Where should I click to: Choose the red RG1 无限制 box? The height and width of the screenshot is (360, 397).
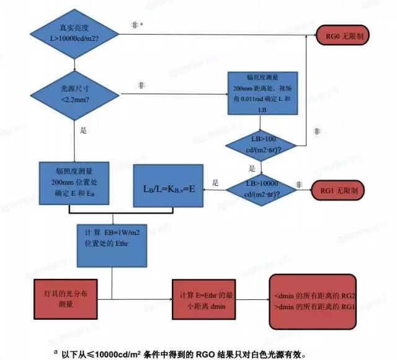[341, 188]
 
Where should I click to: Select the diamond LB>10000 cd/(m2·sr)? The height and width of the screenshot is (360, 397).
[261, 188]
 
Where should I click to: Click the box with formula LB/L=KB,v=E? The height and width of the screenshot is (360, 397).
[169, 187]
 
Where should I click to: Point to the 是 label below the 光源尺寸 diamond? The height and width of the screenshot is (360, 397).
[83, 131]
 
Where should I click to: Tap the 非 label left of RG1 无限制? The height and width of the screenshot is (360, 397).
[298, 184]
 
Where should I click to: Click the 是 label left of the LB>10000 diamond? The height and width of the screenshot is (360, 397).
[216, 183]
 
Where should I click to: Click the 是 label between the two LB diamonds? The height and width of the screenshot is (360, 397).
[252, 168]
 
